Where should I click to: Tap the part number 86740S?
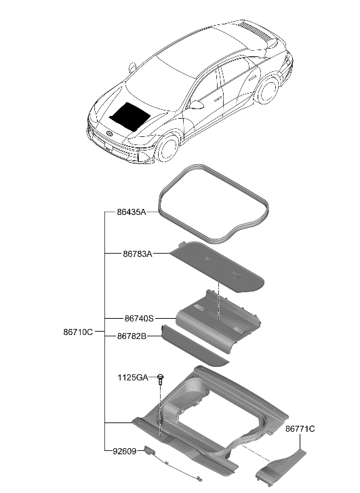140,317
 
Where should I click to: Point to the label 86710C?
78,332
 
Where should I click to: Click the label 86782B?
132,336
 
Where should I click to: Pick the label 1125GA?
132,378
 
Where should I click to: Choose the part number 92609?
125,450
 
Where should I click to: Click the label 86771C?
300,429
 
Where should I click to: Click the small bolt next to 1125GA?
161,378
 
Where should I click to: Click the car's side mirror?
197,104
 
